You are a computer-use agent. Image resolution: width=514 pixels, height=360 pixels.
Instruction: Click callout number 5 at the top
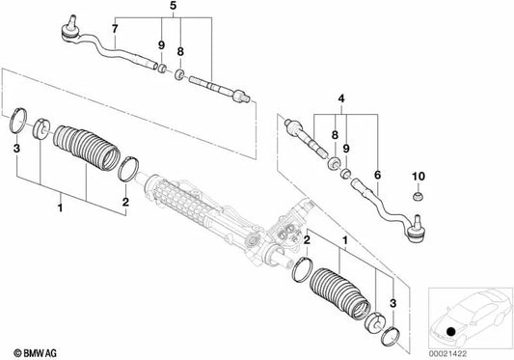pos(173,6)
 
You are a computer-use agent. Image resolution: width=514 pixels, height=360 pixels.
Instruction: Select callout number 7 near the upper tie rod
pos(115,29)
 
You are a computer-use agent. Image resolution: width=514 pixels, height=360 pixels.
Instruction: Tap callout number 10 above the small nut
pos(419,177)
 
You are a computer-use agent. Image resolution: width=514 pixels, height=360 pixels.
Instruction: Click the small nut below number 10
pos(418,197)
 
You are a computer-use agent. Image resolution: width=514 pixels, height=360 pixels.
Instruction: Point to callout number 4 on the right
pos(341,98)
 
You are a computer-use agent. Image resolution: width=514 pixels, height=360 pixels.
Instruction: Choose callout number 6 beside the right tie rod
pos(377,175)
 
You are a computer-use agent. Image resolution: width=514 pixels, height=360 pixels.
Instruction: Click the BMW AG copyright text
pos(36,353)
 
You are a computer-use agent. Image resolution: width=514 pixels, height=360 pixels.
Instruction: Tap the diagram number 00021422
pos(447,354)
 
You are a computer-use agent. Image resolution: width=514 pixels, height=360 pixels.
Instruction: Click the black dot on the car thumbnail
pos(451,331)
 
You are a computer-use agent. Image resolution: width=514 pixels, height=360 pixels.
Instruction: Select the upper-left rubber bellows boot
pos(86,148)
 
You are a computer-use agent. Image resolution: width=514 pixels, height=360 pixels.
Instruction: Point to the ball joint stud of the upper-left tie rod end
pos(71,21)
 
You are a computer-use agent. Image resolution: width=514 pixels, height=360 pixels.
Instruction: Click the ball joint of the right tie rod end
pos(417,231)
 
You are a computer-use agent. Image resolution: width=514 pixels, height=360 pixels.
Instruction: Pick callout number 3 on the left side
pos(16,149)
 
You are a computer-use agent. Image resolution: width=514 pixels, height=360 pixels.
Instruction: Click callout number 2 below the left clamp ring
pos(125,202)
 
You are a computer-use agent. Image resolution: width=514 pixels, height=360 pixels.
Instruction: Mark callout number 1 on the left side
pos(60,208)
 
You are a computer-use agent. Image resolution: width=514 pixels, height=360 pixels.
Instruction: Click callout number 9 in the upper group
pos(161,45)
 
